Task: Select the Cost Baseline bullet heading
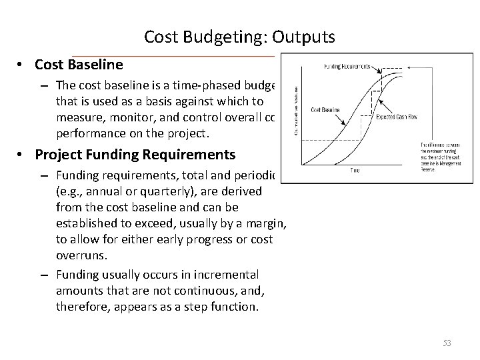click(79, 65)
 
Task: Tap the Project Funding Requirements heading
click(135, 155)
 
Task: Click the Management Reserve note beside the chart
click(439, 155)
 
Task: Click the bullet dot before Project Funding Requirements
click(22, 155)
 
